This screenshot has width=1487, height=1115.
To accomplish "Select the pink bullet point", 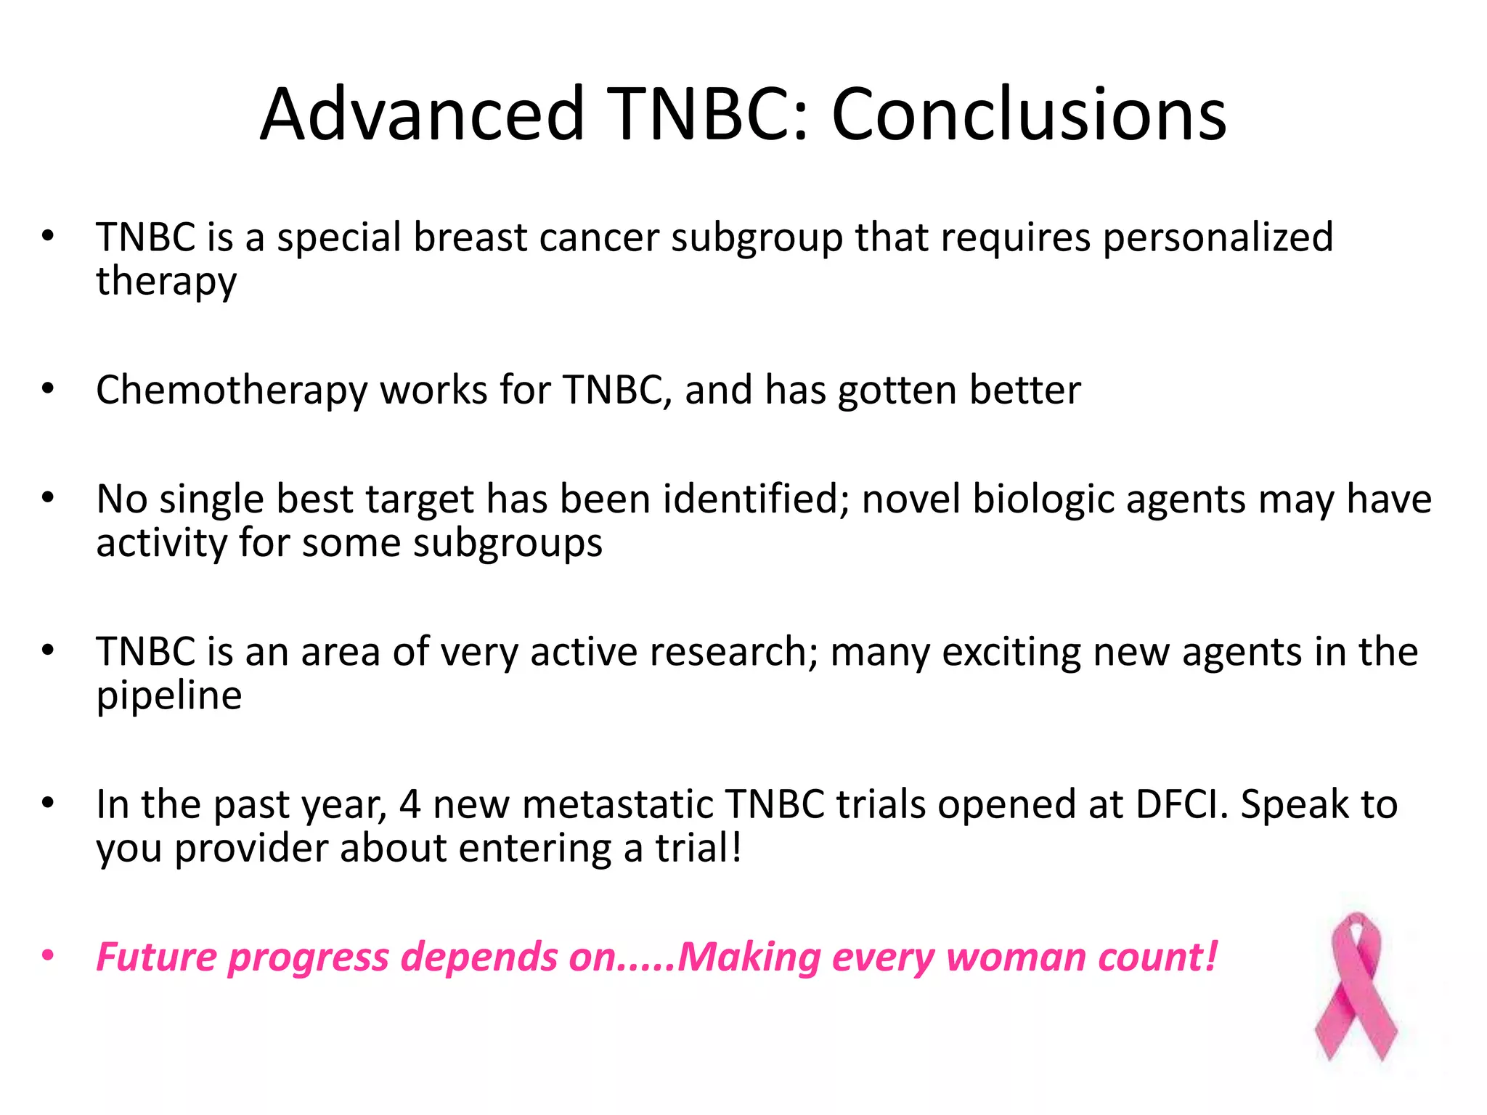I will click(x=48, y=955).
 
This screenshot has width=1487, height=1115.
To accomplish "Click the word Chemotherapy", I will click(x=232, y=391).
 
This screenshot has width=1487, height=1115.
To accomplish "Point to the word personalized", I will click(x=1218, y=238).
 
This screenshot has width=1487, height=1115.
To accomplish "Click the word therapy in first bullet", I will click(x=166, y=282).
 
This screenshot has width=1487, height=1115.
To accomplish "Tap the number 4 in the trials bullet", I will click(x=410, y=804).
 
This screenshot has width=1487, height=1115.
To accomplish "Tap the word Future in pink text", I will click(x=156, y=957).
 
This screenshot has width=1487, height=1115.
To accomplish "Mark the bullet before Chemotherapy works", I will click(x=48, y=389).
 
